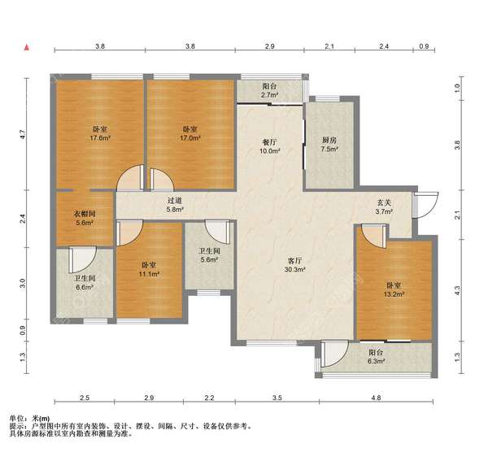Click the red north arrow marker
coord(27,47)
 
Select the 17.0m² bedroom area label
coord(190,133)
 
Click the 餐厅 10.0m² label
coord(269,146)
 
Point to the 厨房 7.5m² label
coord(329,145)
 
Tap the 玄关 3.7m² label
coord(384,207)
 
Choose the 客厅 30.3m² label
coord(294,265)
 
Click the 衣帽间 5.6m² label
coord(84,218)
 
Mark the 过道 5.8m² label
coord(175,206)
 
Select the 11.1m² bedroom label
coord(150,269)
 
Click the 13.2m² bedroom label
coord(394,289)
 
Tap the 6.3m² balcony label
coord(376,357)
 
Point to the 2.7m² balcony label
coord(269,90)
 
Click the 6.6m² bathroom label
coord(84,283)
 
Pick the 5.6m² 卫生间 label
coord(210,254)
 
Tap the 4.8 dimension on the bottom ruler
coord(376,398)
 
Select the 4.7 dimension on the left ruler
coord(22,134)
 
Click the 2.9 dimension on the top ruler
coord(269,46)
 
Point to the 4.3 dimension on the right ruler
coord(457,290)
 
